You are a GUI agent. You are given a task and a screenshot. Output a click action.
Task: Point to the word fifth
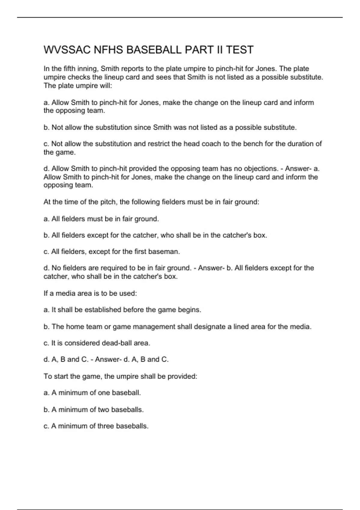point(69,69)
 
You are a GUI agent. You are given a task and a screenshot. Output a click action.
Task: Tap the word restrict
point(158,144)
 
